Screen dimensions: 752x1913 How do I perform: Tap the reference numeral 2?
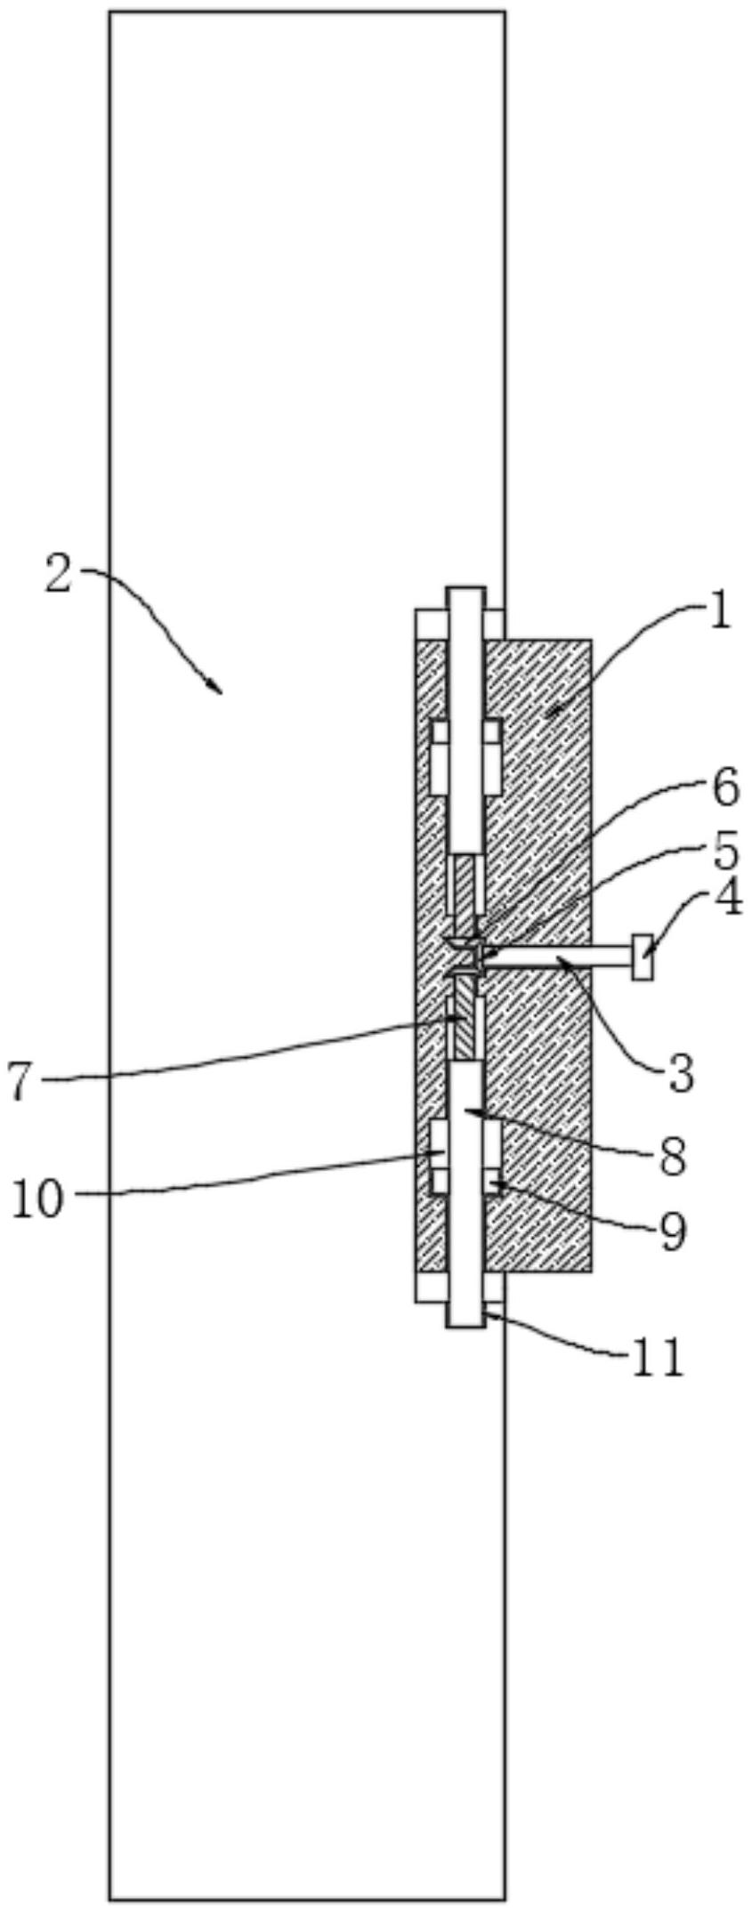click(x=58, y=576)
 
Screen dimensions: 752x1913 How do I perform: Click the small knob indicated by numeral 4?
click(x=642, y=957)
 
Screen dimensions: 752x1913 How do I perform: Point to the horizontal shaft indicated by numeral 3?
click(x=561, y=957)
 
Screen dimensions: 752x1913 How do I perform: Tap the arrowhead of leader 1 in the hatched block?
click(x=553, y=711)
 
